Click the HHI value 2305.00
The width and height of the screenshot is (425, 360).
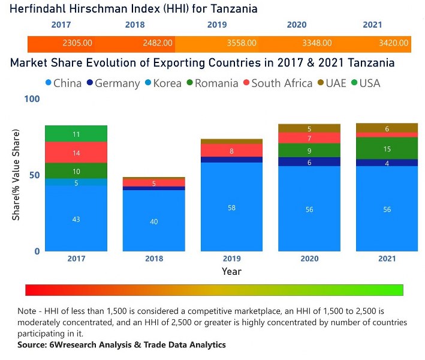point(77,43)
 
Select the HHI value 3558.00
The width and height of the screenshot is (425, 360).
point(242,43)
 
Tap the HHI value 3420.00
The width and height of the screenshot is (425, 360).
point(394,43)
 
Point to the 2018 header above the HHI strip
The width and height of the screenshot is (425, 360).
point(135,25)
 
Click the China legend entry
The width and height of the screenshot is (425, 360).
point(63,83)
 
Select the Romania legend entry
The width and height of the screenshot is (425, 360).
point(211,83)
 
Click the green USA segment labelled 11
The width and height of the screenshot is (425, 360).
point(76,134)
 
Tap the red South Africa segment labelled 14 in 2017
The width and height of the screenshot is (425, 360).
point(76,152)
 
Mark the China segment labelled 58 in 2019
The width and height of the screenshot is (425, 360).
point(231,206)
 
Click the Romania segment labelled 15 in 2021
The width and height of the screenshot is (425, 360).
point(387,148)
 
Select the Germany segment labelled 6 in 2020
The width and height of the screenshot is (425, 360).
point(309,162)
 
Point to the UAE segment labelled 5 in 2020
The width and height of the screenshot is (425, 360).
point(309,128)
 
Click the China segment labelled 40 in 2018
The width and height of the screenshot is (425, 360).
point(154,221)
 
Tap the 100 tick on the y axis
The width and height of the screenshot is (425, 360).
point(32,98)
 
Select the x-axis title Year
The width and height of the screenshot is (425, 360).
point(231,271)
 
